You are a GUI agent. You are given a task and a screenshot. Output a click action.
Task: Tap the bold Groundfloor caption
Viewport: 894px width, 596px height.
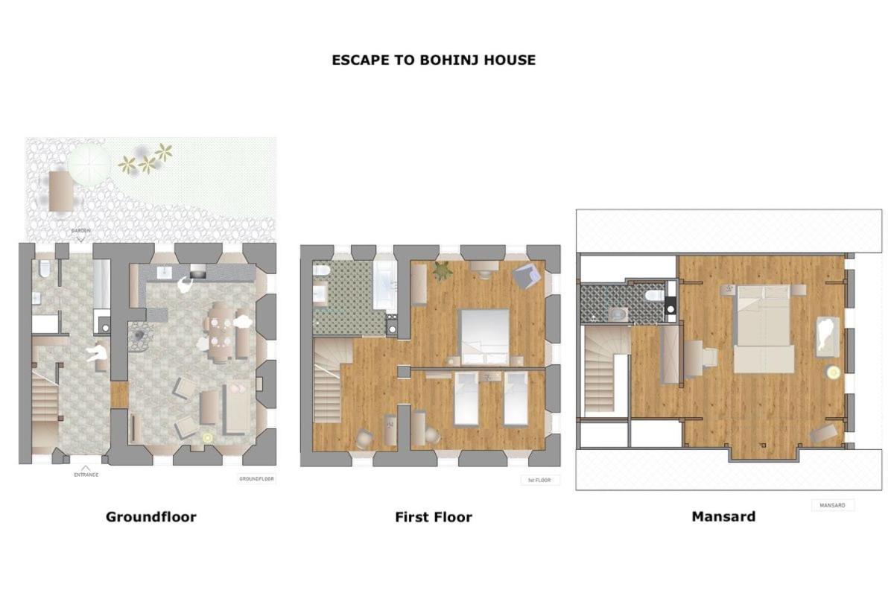[150, 517]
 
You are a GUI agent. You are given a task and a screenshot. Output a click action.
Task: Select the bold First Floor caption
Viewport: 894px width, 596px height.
[434, 517]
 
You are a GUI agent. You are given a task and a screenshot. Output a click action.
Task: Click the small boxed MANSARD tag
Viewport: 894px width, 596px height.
[832, 505]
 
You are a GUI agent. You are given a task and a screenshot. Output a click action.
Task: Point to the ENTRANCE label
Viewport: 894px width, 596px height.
[86, 475]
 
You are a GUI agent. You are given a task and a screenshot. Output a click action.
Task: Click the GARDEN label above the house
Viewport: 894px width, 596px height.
[80, 231]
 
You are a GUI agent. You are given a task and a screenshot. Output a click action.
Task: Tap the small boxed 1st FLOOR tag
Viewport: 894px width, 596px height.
[539, 481]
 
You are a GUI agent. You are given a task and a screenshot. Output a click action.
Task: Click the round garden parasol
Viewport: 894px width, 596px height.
[89, 165]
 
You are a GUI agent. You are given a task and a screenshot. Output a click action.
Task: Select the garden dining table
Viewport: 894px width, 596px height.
[61, 191]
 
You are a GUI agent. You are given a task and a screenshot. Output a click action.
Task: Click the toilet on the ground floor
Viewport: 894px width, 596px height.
[44, 269]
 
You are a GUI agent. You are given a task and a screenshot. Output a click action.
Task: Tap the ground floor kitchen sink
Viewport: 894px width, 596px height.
[165, 273]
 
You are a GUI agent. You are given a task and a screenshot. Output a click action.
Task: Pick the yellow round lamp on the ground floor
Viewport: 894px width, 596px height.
[207, 438]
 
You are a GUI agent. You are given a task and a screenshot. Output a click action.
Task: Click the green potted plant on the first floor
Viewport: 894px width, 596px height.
[443, 271]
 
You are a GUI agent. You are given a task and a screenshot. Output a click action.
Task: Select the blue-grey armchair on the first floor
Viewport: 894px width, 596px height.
[527, 276]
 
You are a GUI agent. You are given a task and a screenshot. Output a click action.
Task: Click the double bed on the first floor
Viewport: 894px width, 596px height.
[485, 337]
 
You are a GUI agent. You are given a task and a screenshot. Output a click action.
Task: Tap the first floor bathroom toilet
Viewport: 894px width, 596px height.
[321, 270]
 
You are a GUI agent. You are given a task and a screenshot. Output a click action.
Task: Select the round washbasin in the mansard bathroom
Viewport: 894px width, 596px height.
[618, 314]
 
